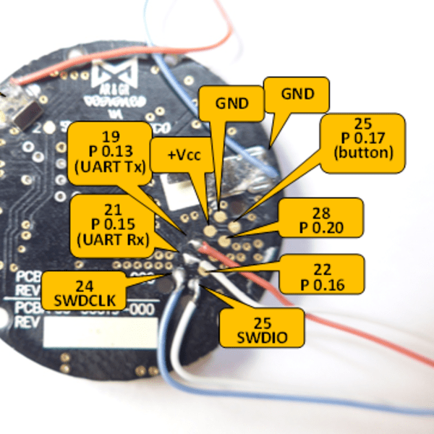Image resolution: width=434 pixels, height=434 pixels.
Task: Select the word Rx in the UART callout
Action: click(131, 238)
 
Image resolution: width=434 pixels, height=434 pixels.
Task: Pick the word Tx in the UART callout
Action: click(131, 166)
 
